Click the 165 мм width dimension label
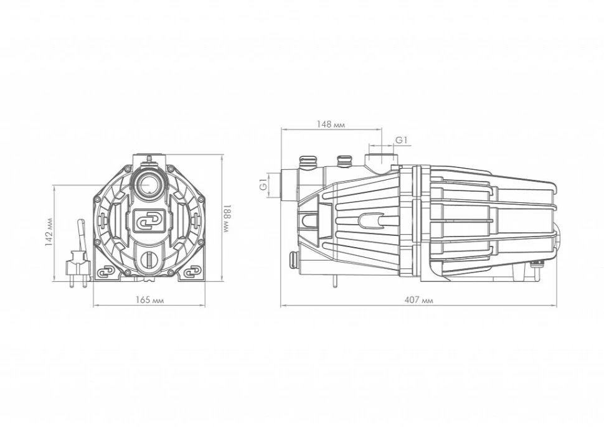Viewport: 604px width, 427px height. [149, 300]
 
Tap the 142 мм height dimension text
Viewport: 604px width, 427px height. [49, 233]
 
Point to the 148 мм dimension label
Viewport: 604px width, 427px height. [331, 124]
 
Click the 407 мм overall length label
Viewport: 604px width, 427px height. [418, 300]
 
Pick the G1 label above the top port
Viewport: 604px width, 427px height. [402, 140]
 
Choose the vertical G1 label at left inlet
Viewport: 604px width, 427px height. [263, 184]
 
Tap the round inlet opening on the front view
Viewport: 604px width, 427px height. [149, 184]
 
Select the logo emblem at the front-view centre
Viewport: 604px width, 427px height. [149, 222]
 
